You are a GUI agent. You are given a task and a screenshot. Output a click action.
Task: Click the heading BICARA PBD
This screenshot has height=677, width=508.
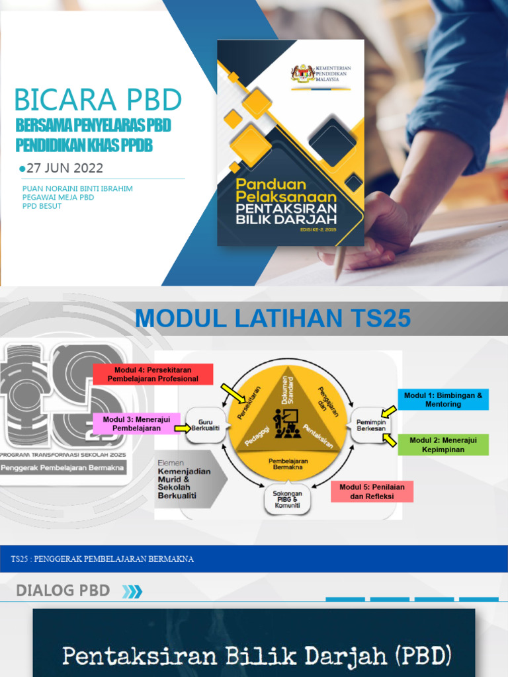[x=98, y=100]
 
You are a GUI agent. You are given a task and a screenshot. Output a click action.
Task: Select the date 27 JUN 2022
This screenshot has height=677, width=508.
[x=64, y=168]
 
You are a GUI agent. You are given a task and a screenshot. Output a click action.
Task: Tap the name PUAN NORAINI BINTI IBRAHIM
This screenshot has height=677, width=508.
[x=77, y=188]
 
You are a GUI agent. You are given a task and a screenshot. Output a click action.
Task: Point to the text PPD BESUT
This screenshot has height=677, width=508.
[x=42, y=206]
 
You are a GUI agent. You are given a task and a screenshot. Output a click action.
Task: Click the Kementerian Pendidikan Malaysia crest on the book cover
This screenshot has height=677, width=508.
[x=303, y=72]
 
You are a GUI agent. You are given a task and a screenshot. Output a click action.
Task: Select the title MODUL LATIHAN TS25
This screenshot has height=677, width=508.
[x=273, y=319]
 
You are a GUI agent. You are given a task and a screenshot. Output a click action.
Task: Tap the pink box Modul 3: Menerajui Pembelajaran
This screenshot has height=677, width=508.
[x=136, y=423]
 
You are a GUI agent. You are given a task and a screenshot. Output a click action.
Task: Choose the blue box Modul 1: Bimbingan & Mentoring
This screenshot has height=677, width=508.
[x=443, y=399]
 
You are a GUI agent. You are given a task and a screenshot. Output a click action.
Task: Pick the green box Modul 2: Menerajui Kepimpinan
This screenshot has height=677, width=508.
[x=443, y=444]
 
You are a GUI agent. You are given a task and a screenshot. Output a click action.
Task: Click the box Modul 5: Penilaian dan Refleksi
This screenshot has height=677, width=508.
[x=372, y=491]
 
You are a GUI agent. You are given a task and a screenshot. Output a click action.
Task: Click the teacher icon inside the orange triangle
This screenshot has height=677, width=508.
[x=289, y=423]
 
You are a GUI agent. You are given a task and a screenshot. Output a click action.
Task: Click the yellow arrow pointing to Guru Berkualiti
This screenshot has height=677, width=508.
[x=183, y=428]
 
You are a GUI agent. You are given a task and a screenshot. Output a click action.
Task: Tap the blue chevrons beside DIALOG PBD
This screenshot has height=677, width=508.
[x=132, y=591]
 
